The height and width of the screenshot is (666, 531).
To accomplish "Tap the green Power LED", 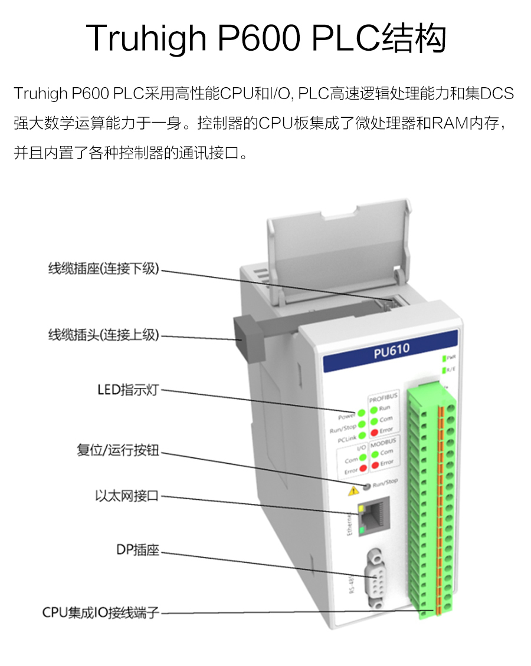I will coord(360,413).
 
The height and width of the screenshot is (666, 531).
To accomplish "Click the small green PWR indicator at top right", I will coord(443,358).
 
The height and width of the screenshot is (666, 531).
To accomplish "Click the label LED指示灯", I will coord(128,390).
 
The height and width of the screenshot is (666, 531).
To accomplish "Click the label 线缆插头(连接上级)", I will coord(104,335).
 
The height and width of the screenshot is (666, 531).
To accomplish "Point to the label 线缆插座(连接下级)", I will coord(104,269).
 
